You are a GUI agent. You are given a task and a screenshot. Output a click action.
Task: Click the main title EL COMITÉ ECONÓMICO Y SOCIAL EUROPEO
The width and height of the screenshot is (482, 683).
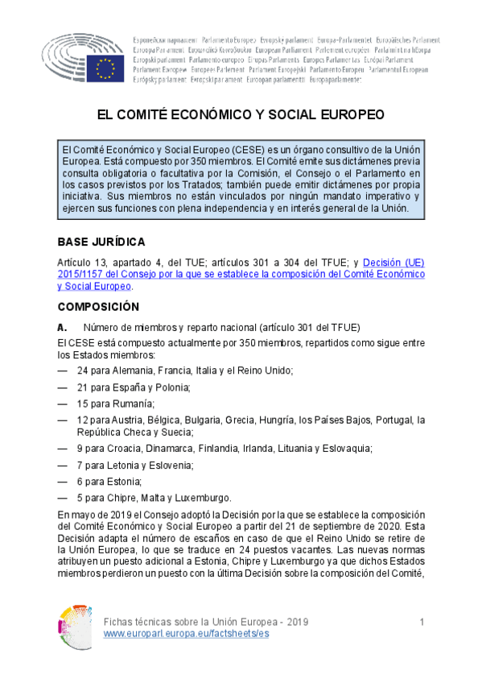point(241,114)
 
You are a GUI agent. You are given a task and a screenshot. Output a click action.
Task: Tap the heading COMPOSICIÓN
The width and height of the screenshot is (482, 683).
point(98,307)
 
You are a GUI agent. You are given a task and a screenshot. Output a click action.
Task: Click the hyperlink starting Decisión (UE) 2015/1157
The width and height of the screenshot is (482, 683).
point(241,274)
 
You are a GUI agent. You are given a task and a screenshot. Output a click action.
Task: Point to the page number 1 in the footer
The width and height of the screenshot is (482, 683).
point(422,623)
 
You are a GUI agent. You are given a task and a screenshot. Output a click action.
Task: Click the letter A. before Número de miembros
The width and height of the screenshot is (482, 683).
point(62,326)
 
